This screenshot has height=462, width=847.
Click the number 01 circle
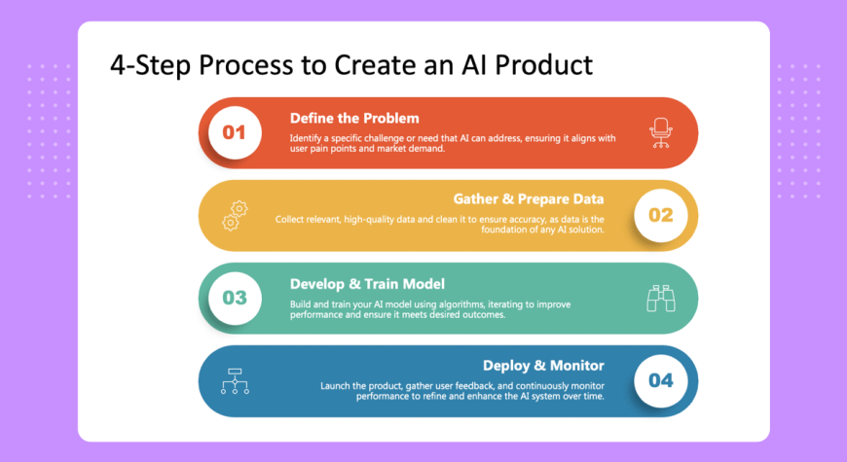(235, 133)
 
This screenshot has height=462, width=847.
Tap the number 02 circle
(661, 215)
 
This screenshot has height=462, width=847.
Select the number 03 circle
(235, 298)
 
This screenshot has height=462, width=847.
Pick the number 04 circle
(661, 380)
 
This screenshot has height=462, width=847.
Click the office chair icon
(661, 133)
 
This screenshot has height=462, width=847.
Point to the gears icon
(235, 216)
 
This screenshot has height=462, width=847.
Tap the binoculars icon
(661, 299)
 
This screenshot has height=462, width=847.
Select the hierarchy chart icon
(235, 381)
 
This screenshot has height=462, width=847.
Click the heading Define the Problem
(354, 119)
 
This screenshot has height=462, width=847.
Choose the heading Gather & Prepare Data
(529, 199)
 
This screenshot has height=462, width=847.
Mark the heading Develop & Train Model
(367, 284)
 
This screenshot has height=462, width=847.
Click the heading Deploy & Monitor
(543, 366)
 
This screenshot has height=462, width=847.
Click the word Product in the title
(543, 65)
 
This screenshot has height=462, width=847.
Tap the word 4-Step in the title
(150, 66)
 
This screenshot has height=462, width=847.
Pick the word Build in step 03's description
(300, 304)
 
